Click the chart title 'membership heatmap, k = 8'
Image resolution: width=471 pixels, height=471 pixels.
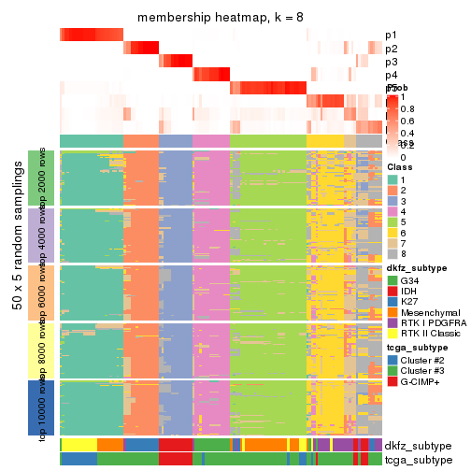click(220, 18)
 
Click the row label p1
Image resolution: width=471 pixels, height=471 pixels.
click(391, 36)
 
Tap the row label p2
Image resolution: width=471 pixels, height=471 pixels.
click(391, 49)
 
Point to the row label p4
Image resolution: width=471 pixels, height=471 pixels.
click(391, 75)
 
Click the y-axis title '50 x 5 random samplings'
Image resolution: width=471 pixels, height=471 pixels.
click(18, 292)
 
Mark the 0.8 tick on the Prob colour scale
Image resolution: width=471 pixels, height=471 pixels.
click(409, 108)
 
